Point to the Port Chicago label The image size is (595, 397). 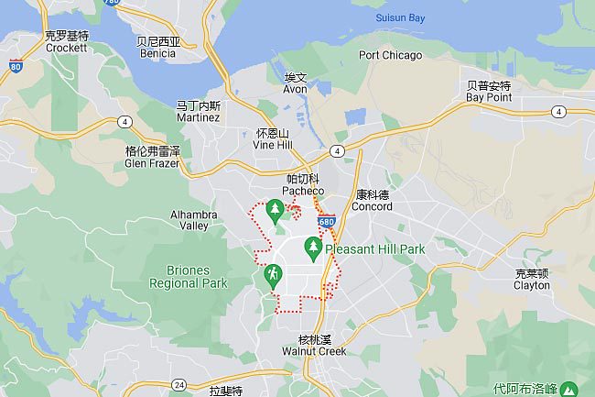click(x=391, y=55)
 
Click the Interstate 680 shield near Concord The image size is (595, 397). click(x=328, y=222)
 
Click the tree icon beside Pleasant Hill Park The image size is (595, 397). click(x=313, y=247)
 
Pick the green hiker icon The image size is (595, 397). click(x=273, y=274)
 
